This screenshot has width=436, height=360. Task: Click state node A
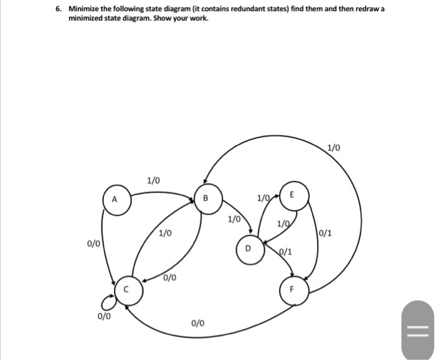[114, 201]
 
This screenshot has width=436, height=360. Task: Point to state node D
[248, 250]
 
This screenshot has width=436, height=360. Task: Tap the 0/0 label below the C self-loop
[104, 317]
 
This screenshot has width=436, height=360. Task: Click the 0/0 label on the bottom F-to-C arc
[197, 323]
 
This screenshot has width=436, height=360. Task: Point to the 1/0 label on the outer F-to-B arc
[334, 148]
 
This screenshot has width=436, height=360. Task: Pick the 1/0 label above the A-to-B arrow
[153, 181]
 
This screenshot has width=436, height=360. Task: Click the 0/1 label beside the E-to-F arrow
[325, 234]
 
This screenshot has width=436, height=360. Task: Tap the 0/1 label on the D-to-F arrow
[285, 252]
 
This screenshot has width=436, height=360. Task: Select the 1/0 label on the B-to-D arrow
[234, 219]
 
